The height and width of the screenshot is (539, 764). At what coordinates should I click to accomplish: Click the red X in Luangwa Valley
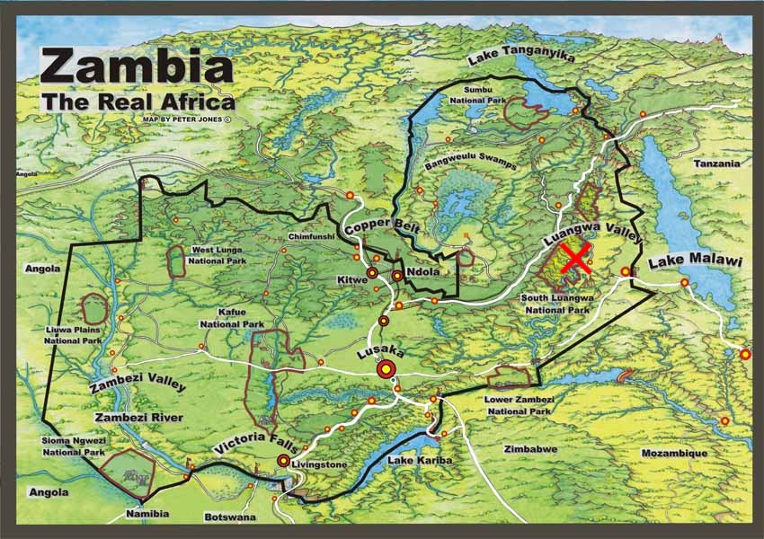pyautogui.click(x=574, y=258)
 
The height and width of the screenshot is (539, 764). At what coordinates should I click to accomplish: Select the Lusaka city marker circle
pyautogui.click(x=387, y=368)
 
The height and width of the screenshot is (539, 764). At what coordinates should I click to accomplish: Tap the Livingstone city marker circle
pyautogui.click(x=284, y=461)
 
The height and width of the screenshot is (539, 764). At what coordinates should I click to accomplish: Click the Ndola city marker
pyautogui.click(x=396, y=276)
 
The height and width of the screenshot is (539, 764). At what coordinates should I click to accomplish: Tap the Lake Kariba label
pyautogui.click(x=419, y=460)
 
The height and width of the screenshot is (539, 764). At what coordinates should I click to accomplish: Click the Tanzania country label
pyautogui.click(x=716, y=163)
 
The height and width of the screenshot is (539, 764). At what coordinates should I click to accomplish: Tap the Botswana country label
pyautogui.click(x=230, y=517)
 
